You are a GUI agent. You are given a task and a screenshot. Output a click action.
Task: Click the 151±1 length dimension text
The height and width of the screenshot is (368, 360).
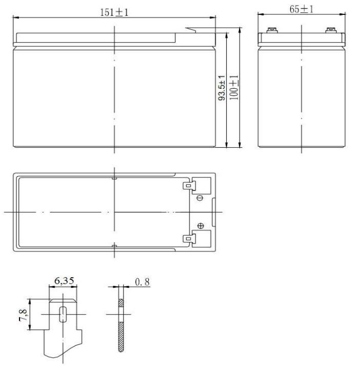114,12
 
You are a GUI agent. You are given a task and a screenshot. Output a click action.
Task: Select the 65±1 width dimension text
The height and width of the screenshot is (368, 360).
302,10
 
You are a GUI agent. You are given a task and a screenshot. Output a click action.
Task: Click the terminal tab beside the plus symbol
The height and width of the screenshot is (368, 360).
188,238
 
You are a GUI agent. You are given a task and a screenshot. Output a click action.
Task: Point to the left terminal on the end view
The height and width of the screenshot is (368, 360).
271,30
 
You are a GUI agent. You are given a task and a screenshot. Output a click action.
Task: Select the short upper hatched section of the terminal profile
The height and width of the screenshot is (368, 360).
121,303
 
